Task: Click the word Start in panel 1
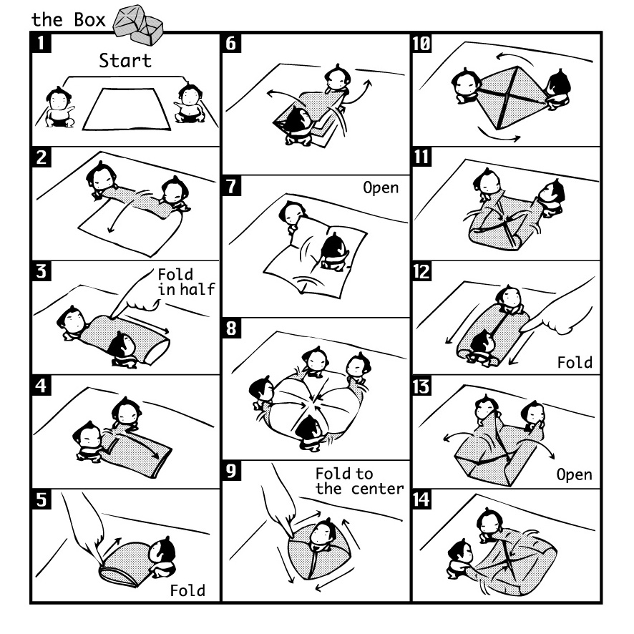[125, 61]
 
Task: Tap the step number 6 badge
[231, 43]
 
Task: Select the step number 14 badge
[421, 499]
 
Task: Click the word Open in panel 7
[381, 188]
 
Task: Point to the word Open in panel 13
[574, 474]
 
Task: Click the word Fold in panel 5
[187, 591]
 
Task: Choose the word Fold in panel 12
[575, 362]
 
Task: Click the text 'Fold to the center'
[359, 481]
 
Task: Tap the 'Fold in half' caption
[186, 282]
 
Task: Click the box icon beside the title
[138, 25]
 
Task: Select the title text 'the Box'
[68, 20]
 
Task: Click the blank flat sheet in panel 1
[126, 109]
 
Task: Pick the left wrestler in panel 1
[59, 107]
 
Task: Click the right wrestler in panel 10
[557, 89]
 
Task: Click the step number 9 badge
[231, 471]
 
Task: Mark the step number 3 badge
[42, 271]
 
